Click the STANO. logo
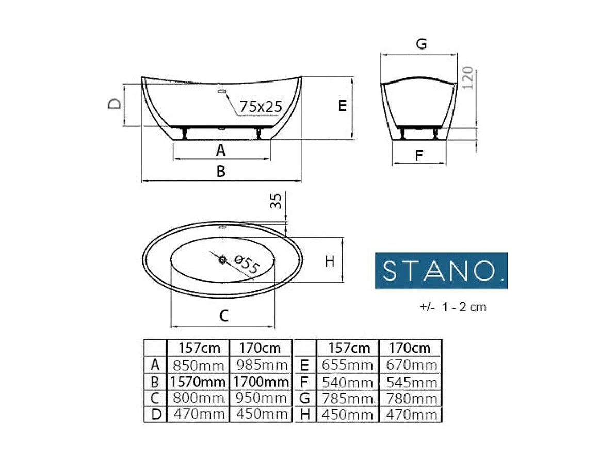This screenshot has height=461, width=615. click(441, 270)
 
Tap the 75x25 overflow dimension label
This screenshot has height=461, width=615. click(261, 106)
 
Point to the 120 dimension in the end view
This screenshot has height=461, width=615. click(468, 78)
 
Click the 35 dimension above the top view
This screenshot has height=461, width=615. click(277, 201)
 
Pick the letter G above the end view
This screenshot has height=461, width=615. click(421, 44)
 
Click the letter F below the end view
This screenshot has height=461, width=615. click(419, 155)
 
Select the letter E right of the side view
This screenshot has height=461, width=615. click(342, 106)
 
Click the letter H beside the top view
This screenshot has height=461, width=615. click(330, 261)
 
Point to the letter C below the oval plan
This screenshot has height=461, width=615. click(223, 316)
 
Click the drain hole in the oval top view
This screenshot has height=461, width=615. click(223, 260)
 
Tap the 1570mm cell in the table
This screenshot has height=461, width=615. click(198, 382)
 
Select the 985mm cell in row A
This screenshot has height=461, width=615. click(261, 366)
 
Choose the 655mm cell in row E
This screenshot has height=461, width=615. click(347, 366)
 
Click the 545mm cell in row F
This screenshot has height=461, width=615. click(411, 382)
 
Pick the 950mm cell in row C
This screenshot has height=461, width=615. click(261, 398)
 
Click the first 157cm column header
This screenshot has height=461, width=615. click(198, 348)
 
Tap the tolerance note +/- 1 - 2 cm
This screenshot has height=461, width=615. click(453, 307)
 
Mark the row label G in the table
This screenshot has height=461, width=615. click(304, 398)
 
